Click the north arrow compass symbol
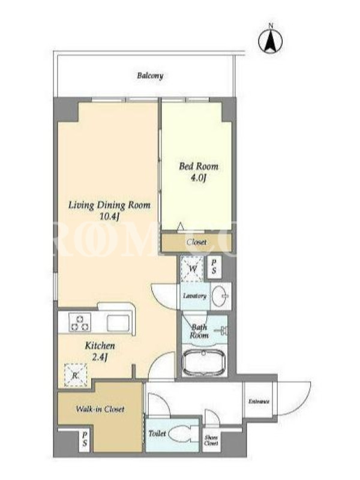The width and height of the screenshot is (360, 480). tap(271, 41)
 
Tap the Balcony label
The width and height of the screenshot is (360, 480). tap(150, 76)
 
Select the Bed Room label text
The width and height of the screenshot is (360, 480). tap(199, 167)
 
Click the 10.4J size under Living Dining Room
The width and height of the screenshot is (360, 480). tap(109, 217)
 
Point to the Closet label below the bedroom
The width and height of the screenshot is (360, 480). tap(197, 242)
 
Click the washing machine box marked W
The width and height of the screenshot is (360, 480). tap(192, 269)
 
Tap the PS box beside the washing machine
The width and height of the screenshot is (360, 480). tap(214, 267)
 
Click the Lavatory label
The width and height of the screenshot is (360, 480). tap(194, 296)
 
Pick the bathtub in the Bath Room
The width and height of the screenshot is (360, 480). tap(204, 363)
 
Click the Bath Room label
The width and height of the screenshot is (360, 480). tap(199, 331)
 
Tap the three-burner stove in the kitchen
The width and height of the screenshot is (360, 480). tap(80, 322)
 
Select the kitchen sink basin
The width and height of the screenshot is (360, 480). tap(118, 323)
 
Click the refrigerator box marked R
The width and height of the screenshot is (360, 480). tap(76, 375)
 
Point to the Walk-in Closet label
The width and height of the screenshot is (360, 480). tap(100, 409)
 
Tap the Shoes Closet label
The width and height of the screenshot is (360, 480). tap(211, 440)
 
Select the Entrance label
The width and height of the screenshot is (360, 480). tap(259, 401)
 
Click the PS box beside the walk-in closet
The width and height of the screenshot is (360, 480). tap(85, 439)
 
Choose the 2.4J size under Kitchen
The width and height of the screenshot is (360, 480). tap(100, 358)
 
